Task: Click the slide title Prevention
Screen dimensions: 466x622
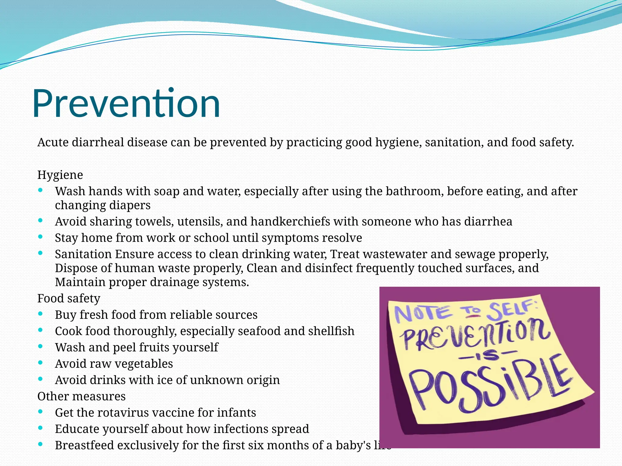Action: tap(126, 103)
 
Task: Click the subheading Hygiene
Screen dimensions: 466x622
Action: tap(60, 175)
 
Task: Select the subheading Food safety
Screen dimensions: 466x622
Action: tap(69, 299)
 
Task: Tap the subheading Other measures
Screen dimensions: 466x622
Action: tap(81, 397)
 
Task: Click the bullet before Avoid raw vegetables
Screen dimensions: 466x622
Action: tap(40, 363)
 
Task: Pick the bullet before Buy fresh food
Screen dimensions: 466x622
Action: tap(40, 314)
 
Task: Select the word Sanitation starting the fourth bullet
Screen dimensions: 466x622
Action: tap(83, 254)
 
